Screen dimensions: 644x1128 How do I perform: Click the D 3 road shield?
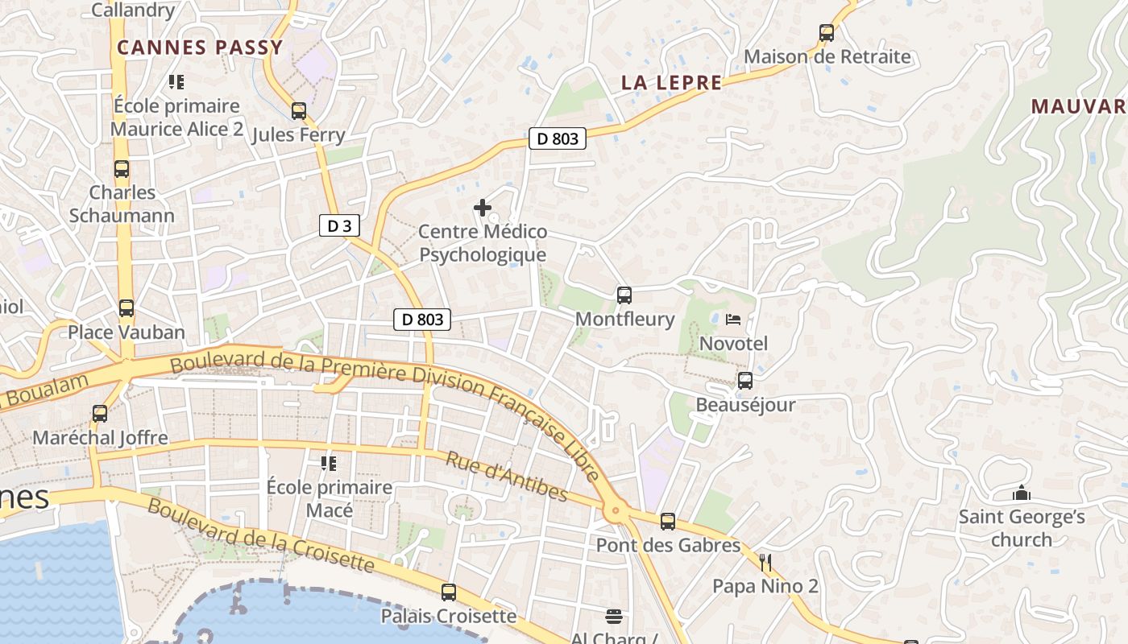pos(339,226)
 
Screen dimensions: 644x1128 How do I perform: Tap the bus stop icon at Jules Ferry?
pos(299,111)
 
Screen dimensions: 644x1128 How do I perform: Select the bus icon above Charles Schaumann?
pos(122,169)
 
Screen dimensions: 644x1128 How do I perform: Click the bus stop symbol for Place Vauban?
pos(126,308)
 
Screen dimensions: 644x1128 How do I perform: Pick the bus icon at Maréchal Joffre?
pos(100,414)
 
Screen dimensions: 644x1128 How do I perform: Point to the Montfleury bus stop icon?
pos(624,295)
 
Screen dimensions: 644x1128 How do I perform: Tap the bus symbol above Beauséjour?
pos(745,381)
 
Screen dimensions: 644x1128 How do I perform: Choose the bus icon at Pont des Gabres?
pos(668,522)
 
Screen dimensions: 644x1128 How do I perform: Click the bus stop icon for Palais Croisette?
pos(449,592)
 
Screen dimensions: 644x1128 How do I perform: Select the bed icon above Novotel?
pos(732,320)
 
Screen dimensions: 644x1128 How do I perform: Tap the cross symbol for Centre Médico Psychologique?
pos(483,208)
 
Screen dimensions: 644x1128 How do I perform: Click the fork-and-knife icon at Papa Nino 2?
pos(765,562)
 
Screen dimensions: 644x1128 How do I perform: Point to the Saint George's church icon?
pos(1022,493)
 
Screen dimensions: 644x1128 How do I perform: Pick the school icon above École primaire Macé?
pos(329,463)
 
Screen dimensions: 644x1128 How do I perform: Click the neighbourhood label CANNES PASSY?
pos(200,47)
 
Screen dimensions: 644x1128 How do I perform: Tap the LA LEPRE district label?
pos(672,83)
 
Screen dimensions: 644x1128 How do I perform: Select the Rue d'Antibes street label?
pos(507,476)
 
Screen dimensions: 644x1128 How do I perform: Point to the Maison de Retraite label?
pos(827,57)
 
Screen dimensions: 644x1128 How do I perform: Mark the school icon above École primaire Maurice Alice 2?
pos(176,81)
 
